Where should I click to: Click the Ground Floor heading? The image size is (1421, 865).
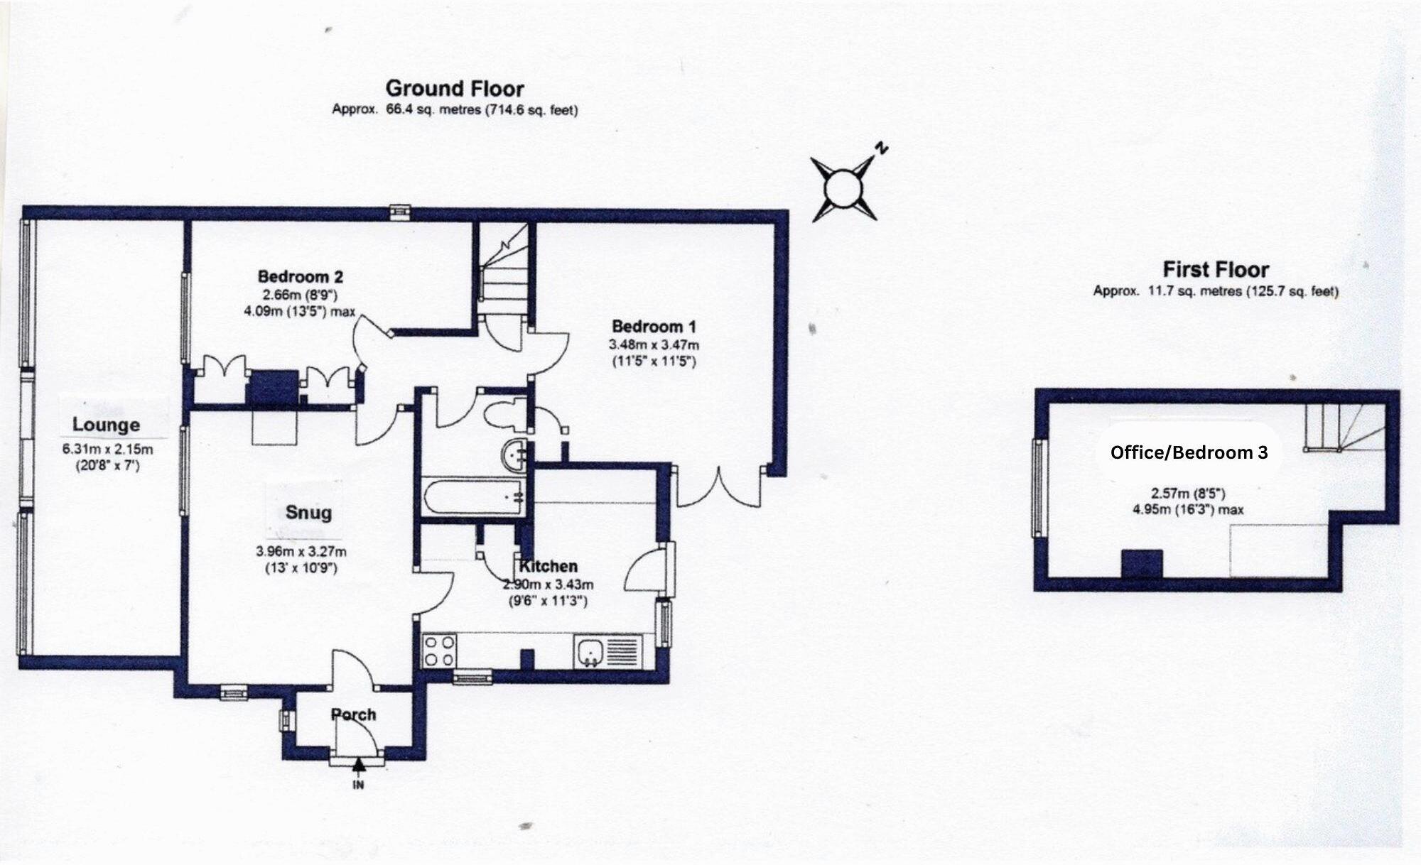(x=455, y=89)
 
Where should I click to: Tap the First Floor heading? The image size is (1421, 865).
(x=1216, y=270)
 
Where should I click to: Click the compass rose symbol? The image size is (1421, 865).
(x=844, y=189)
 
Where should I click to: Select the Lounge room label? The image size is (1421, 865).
(x=107, y=425)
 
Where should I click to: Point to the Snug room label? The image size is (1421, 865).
(x=308, y=513)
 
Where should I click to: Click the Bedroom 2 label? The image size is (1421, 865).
(x=301, y=276)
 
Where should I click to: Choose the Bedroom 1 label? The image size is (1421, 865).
(x=654, y=327)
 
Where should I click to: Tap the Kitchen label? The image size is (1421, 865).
(x=549, y=567)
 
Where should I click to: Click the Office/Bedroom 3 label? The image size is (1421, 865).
(x=1189, y=452)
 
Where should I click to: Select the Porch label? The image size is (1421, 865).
(x=353, y=715)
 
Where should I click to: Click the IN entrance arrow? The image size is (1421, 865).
(x=359, y=767)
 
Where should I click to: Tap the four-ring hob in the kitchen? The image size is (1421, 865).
(x=439, y=651)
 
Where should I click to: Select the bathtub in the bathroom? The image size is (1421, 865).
(x=471, y=498)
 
